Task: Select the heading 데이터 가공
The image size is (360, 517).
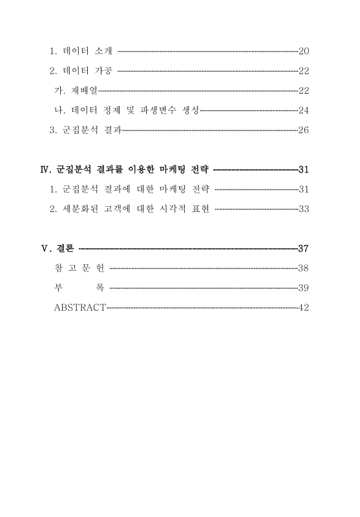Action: (x=90, y=70)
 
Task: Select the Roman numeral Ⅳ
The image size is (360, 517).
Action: (x=45, y=171)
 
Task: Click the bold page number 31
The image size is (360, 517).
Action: (x=304, y=171)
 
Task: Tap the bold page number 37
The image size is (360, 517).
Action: (x=303, y=249)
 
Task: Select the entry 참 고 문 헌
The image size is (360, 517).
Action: (x=79, y=268)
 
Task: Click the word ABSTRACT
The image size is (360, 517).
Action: (x=79, y=308)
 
